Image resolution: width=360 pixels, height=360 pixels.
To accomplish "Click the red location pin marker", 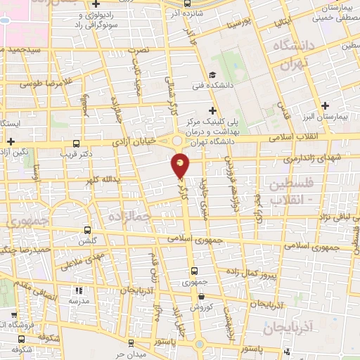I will click(x=181, y=166).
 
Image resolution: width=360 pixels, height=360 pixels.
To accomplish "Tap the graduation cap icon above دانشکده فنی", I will click(x=212, y=75).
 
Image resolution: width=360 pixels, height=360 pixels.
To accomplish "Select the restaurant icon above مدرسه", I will click(x=78, y=290).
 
